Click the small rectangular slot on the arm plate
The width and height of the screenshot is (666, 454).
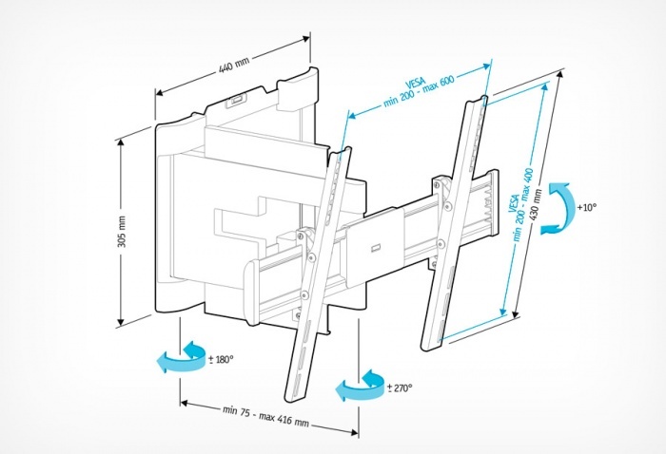point(376,247)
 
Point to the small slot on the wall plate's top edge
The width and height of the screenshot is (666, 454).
point(238,96)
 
